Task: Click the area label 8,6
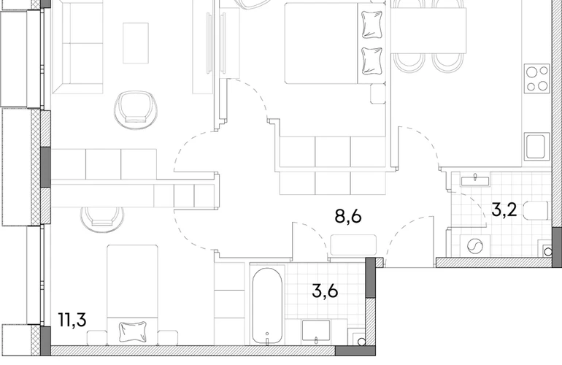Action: (347, 217)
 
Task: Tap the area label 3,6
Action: (325, 291)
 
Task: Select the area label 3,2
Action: (504, 210)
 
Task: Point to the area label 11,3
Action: (72, 320)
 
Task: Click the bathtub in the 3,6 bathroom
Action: (267, 305)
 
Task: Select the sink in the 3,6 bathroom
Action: (316, 331)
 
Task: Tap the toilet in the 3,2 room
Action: (536, 210)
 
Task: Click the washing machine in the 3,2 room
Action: (474, 246)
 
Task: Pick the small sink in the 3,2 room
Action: (475, 181)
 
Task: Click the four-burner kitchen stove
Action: (536, 79)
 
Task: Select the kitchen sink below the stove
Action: (536, 146)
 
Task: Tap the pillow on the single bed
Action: (133, 331)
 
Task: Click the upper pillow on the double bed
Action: (372, 25)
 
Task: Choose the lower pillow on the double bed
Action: (372, 61)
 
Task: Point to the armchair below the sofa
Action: (136, 109)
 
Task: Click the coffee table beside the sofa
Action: (136, 43)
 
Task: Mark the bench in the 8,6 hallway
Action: (353, 245)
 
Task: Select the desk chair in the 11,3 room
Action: (102, 220)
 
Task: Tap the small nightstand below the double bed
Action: (378, 93)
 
